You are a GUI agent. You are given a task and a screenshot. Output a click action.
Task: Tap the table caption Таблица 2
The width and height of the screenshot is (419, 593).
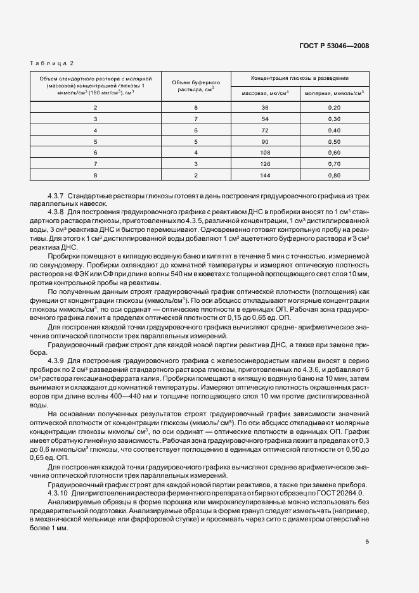click(x=52, y=63)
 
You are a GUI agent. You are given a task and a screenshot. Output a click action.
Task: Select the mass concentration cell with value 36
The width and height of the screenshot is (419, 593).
click(x=266, y=108)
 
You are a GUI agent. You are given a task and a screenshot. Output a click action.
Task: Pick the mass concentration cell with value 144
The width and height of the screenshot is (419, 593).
click(x=266, y=174)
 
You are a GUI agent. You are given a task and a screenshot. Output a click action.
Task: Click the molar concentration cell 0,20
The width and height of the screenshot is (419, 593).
click(x=335, y=108)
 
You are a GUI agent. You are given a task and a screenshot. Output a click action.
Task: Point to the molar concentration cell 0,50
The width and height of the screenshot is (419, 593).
click(x=335, y=141)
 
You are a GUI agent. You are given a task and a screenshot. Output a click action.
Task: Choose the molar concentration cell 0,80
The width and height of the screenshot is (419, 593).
click(x=335, y=174)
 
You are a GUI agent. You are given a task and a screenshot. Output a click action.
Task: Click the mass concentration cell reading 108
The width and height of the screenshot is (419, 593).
click(x=266, y=152)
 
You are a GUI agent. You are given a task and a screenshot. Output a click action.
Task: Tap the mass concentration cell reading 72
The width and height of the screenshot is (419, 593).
click(x=266, y=130)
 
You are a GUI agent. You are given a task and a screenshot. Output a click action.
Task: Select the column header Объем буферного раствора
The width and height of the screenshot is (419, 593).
click(x=196, y=86)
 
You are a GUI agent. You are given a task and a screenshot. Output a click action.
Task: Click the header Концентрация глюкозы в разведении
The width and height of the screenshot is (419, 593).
click(x=300, y=77)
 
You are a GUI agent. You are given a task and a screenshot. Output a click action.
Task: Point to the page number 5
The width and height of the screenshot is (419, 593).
click(x=368, y=541)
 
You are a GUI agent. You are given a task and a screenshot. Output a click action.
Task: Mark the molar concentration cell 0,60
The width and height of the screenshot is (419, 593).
click(x=335, y=152)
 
